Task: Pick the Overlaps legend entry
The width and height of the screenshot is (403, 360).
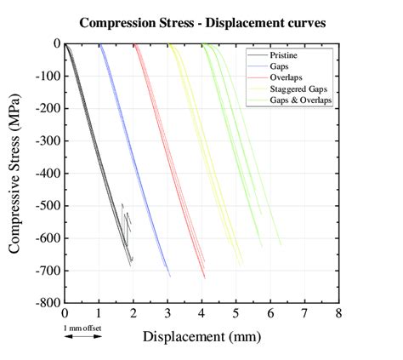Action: (291, 77)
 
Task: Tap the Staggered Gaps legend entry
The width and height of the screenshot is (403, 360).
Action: (302, 89)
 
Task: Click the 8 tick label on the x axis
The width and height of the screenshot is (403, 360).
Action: (338, 313)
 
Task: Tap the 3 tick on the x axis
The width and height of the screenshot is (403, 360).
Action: (167, 313)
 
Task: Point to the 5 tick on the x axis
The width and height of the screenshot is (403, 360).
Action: (236, 313)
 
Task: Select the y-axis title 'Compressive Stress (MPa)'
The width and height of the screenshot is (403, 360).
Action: (15, 173)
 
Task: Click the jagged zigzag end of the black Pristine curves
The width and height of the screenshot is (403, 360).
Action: (127, 223)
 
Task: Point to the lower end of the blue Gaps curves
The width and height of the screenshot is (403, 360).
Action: (169, 274)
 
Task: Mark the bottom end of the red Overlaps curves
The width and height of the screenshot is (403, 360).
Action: (204, 276)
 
